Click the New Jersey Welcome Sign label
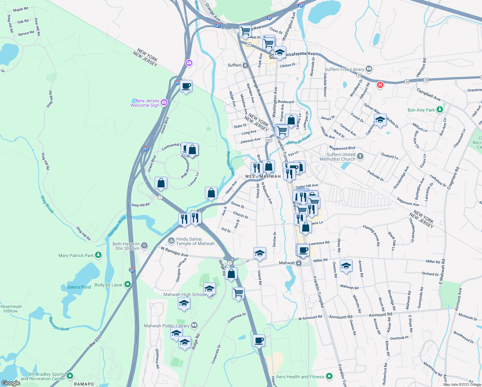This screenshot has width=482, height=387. point(145,103)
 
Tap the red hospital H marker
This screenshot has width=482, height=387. point(380,85)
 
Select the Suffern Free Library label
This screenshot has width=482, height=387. point(344,69)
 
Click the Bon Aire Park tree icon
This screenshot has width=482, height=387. point(440,110)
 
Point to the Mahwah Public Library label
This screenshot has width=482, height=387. point(167,326)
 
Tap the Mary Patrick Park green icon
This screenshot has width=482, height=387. point(98,255)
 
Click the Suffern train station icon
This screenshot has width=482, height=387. point(246,65)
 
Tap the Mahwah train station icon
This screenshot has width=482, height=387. point(299,263)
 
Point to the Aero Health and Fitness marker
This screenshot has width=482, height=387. point(329,376)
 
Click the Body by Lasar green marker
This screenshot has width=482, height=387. point(128,284)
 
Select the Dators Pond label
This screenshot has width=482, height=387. point(79,287)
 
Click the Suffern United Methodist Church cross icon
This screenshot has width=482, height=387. point(360,156)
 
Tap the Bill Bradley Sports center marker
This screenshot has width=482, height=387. point(70,376)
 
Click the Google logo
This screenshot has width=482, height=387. point(11,383)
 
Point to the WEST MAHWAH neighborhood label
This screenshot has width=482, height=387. point(263,176)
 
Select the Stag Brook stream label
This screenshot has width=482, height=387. point(47,204)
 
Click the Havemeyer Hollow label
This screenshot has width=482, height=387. point(11,309)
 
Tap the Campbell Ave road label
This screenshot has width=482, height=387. point(428,94)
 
